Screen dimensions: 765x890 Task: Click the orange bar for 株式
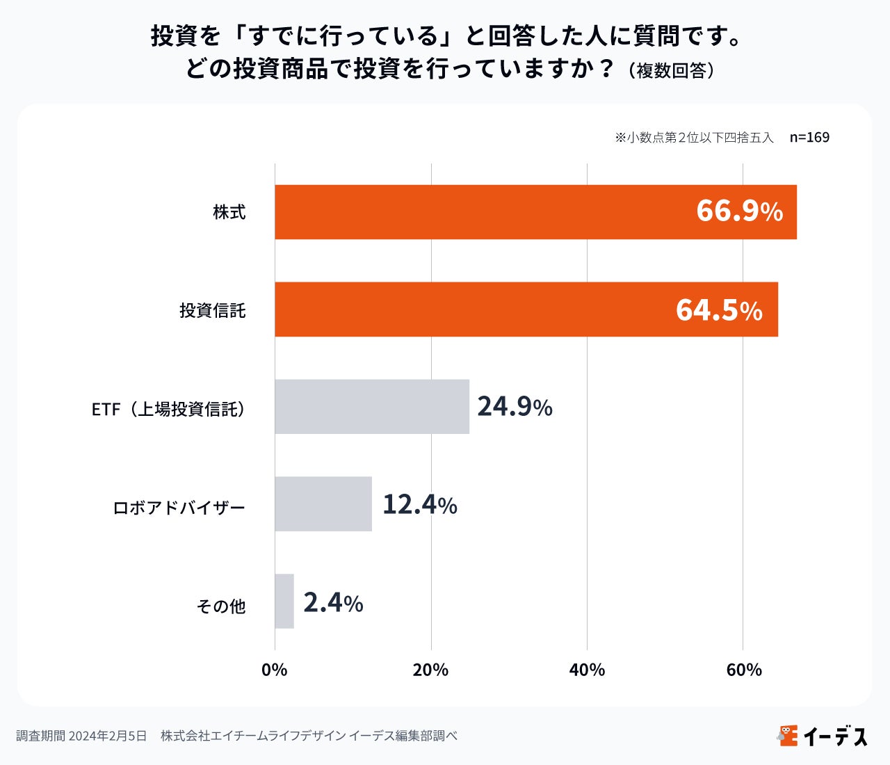point(487,212)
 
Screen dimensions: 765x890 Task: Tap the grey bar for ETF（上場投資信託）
point(372,407)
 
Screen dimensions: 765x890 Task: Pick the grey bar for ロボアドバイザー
point(323,504)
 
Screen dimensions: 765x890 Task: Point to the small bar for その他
point(284,602)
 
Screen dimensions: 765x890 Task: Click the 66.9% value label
point(739,211)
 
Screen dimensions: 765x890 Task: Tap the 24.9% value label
point(515,407)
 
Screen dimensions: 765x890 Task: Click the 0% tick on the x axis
point(275,670)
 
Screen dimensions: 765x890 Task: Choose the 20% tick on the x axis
point(430,670)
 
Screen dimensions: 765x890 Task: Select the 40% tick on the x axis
point(587,670)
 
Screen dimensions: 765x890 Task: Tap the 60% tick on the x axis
point(743,670)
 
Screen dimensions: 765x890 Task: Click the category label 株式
point(229,212)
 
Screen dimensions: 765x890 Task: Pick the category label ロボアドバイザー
point(179,508)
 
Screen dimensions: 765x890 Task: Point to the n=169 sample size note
point(809,137)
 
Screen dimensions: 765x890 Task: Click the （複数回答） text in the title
point(670,71)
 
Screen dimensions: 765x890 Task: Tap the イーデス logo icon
point(788,735)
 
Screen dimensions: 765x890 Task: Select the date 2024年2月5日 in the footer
point(108,736)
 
